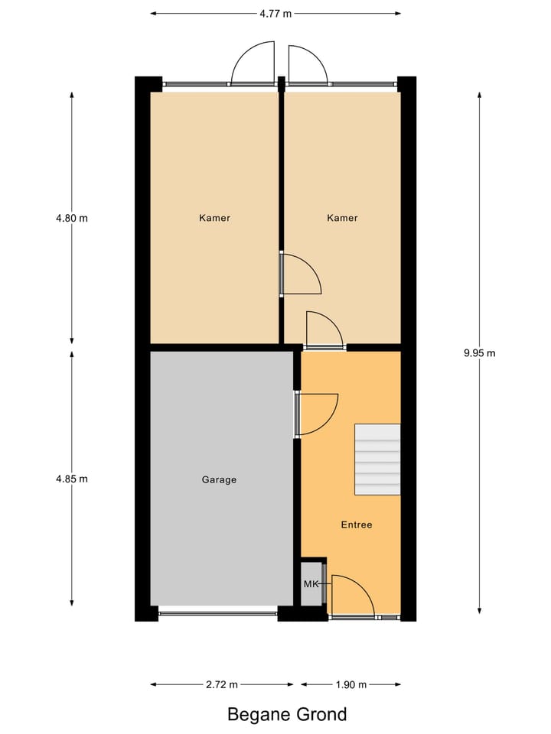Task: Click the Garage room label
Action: point(219,480)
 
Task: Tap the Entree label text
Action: point(356,525)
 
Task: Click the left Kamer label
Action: point(214,218)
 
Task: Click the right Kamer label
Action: point(342,218)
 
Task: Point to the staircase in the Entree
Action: point(377,460)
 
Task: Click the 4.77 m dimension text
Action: point(275,13)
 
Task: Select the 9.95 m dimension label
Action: point(480,353)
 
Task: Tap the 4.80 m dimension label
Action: point(72,218)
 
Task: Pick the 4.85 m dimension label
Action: point(72,479)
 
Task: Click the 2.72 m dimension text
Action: point(221,684)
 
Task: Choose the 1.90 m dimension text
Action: point(350,684)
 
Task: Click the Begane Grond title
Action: point(287,715)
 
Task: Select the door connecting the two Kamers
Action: point(299,274)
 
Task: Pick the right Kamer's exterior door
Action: point(308,64)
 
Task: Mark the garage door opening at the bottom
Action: point(218,612)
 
